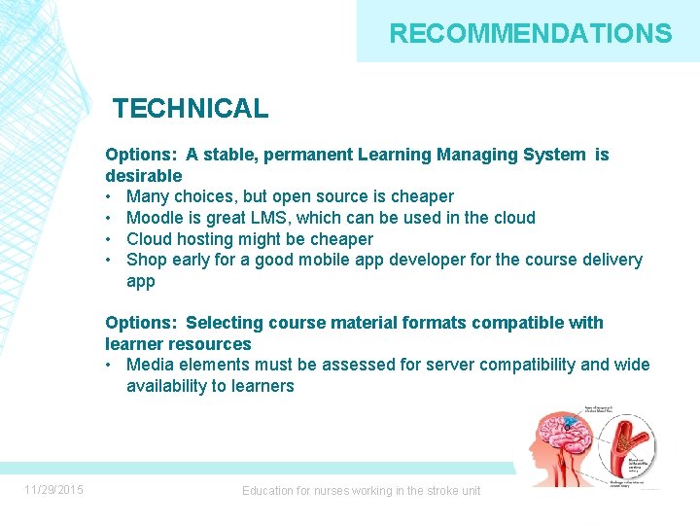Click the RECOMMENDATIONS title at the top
coord(530,34)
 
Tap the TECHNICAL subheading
coord(191,109)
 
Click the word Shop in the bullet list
coord(147,260)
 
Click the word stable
coord(229,155)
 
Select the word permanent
coord(306,155)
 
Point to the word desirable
coord(144,176)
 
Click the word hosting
coord(207,239)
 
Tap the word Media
coord(150,366)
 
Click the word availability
coord(170,386)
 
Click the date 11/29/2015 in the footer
coord(54,490)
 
